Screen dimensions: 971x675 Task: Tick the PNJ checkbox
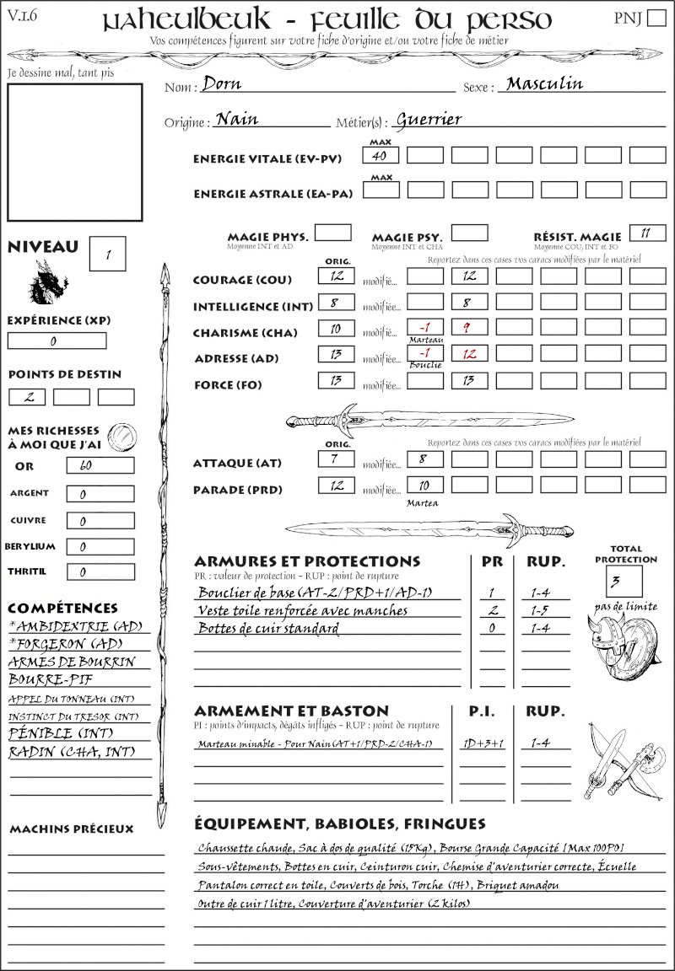pos(655,19)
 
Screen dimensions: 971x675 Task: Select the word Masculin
pos(544,83)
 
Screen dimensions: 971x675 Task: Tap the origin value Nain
pos(237,120)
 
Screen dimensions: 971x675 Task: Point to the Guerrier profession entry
pos(429,120)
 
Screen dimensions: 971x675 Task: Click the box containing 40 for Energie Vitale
pos(381,155)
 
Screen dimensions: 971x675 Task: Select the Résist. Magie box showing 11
pos(646,233)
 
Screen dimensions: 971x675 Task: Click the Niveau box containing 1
pos(108,254)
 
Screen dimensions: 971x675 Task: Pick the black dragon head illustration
pos(47,282)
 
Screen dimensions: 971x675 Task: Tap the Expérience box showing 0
pos(57,341)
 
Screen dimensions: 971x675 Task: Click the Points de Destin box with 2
pos(27,397)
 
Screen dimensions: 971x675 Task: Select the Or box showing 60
pos(100,466)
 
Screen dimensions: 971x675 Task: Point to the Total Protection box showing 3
pos(624,581)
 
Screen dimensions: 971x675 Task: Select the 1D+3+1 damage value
pos(483,743)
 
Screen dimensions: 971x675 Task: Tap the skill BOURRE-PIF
pos(51,679)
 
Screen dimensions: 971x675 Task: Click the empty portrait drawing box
pos(74,152)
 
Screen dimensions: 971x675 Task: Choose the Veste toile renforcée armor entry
pos(303,610)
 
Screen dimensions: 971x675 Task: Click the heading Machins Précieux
pos(71,829)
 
